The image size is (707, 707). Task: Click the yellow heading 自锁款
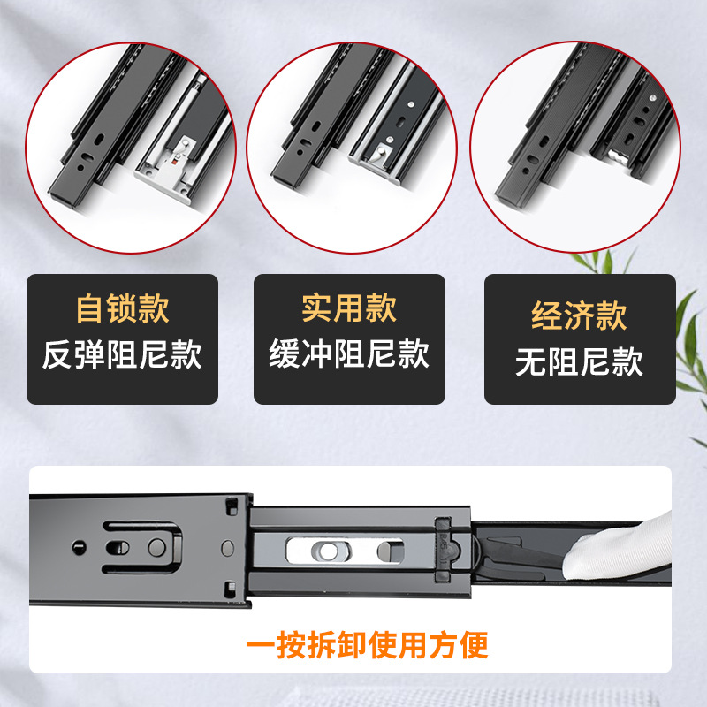[x=123, y=308]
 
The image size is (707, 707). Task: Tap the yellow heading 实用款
[x=349, y=308]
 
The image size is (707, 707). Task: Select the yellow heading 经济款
[x=580, y=315]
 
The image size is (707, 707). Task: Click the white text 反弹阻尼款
[x=122, y=355]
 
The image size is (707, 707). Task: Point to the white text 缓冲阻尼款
[x=349, y=354]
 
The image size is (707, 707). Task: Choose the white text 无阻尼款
[x=580, y=361]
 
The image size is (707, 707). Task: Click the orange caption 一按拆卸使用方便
[x=367, y=645]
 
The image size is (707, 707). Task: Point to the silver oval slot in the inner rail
[x=345, y=551]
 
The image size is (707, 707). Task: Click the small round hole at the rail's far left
[x=79, y=547]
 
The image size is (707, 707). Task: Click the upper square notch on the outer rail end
[x=232, y=506]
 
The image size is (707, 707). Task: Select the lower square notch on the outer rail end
[x=231, y=589]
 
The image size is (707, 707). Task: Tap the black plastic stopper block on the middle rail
[x=442, y=551]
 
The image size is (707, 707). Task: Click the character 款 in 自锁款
[x=154, y=308]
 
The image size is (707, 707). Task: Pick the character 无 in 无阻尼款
[x=531, y=361]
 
